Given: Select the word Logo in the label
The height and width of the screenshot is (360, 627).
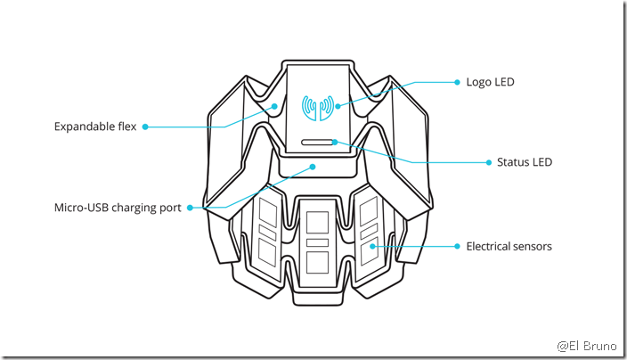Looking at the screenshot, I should click(478, 82).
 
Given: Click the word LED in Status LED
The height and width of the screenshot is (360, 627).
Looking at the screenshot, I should click(541, 162).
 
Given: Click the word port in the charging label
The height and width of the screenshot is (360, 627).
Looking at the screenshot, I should click(171, 208).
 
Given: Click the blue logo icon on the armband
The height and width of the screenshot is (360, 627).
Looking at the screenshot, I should click(318, 108).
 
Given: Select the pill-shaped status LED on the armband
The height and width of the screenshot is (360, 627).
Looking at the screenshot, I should click(318, 142).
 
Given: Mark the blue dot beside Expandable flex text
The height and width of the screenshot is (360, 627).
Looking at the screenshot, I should click(145, 127).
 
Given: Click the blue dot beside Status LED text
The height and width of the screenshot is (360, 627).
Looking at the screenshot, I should click(488, 162).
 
